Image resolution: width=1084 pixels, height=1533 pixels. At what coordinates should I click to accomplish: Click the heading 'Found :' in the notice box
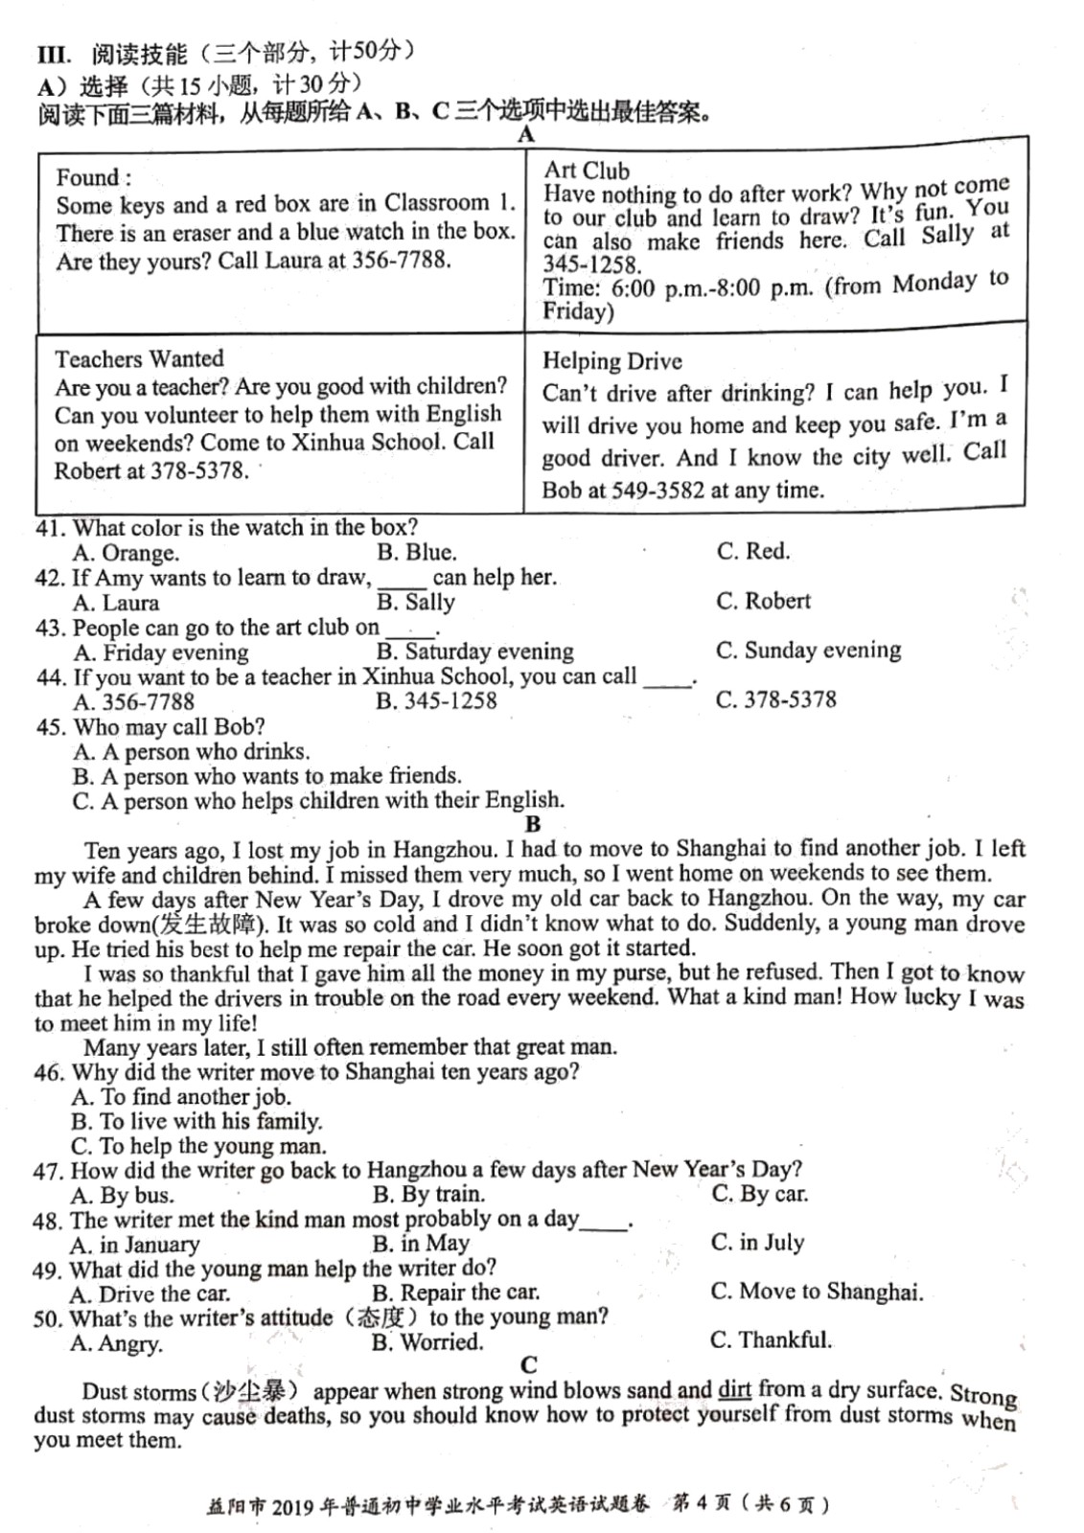pyautogui.click(x=93, y=177)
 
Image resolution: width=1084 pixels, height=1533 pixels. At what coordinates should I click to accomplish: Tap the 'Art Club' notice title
pyautogui.click(x=587, y=171)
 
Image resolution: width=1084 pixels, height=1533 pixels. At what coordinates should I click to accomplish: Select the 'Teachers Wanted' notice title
pyautogui.click(x=139, y=359)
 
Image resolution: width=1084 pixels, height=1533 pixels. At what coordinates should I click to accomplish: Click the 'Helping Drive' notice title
pyautogui.click(x=612, y=361)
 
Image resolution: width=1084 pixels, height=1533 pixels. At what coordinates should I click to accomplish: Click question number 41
pyautogui.click(x=48, y=528)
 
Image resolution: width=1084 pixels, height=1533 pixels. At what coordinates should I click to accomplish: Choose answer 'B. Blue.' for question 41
pyautogui.click(x=416, y=552)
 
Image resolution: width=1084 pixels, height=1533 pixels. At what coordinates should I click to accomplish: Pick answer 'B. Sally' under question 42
pyautogui.click(x=415, y=602)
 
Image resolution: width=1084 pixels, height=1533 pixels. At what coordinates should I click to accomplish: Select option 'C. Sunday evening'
pyautogui.click(x=808, y=651)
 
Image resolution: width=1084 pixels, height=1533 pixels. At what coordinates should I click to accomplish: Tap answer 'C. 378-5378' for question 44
pyautogui.click(x=775, y=699)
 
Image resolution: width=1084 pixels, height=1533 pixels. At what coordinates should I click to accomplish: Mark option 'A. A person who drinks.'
pyautogui.click(x=191, y=752)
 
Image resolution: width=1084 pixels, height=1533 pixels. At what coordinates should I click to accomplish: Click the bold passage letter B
pyautogui.click(x=533, y=824)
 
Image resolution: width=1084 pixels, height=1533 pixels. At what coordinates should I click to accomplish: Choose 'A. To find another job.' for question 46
pyautogui.click(x=180, y=1097)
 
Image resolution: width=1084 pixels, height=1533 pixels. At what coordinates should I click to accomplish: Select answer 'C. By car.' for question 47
pyautogui.click(x=759, y=1194)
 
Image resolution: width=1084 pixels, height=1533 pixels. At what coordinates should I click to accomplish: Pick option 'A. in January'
pyautogui.click(x=134, y=1245)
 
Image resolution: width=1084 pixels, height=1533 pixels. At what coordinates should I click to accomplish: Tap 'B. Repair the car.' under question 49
pyautogui.click(x=455, y=1293)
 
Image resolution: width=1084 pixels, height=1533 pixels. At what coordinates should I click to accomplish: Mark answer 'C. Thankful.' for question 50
pyautogui.click(x=771, y=1339)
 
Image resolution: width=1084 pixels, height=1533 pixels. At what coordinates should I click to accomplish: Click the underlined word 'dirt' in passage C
pyautogui.click(x=734, y=1389)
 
